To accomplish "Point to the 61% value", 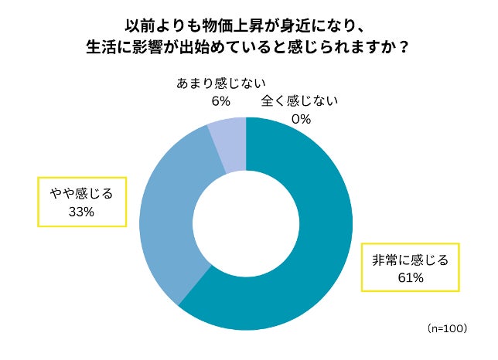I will point(410,278).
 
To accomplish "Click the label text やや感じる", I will point(83,193).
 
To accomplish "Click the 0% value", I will point(300,119).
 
